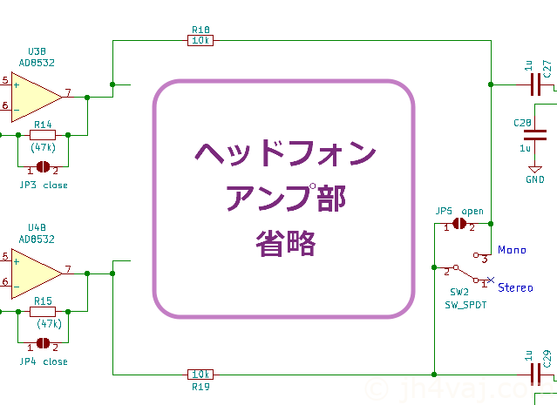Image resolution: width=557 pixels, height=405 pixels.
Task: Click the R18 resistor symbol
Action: coord(201,39)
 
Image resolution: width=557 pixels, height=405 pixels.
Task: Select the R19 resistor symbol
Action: coord(201,374)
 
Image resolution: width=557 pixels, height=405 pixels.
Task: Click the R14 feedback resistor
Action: coord(43,135)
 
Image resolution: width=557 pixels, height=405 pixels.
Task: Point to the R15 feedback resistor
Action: coord(43,311)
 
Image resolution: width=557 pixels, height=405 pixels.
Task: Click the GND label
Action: coord(534,179)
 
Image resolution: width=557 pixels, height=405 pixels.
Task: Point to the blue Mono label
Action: coord(512,250)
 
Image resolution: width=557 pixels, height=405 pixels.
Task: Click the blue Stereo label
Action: coord(515,287)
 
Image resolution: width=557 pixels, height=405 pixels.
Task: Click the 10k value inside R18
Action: coord(201,39)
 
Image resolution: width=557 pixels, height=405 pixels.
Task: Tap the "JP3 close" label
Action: coord(43,185)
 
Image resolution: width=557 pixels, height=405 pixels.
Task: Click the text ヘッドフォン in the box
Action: coord(284,154)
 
